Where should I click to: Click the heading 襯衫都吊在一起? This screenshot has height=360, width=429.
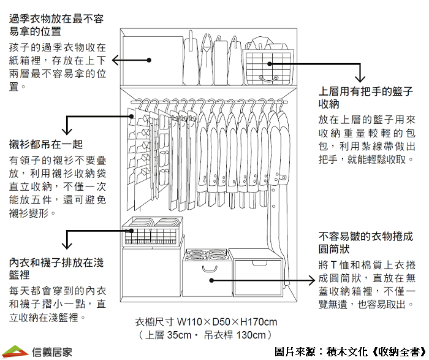coord(46,145)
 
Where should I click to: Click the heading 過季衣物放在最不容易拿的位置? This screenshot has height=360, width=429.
coord(56,25)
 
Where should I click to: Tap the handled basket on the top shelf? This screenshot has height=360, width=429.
coord(268,64)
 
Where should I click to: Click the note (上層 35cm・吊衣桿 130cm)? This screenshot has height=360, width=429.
coord(205,335)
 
